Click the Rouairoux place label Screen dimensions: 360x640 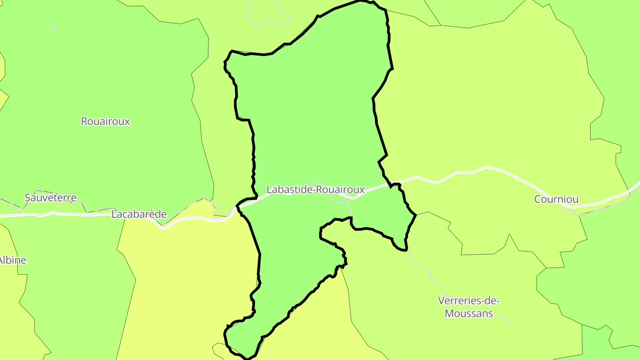(x=105, y=121)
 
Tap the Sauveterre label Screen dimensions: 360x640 (x=51, y=198)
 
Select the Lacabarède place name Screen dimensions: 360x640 (x=139, y=214)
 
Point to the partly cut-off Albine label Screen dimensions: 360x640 (x=13, y=260)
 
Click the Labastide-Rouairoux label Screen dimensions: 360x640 (x=316, y=190)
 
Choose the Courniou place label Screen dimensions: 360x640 (x=556, y=199)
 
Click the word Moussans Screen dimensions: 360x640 (x=469, y=313)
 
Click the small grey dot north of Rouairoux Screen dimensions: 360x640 (x=53, y=26)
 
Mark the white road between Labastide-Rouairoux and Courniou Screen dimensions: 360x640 (x=458, y=172)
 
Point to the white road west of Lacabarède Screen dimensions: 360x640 (x=67, y=214)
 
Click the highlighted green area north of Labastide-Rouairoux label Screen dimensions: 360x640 (x=311, y=111)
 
